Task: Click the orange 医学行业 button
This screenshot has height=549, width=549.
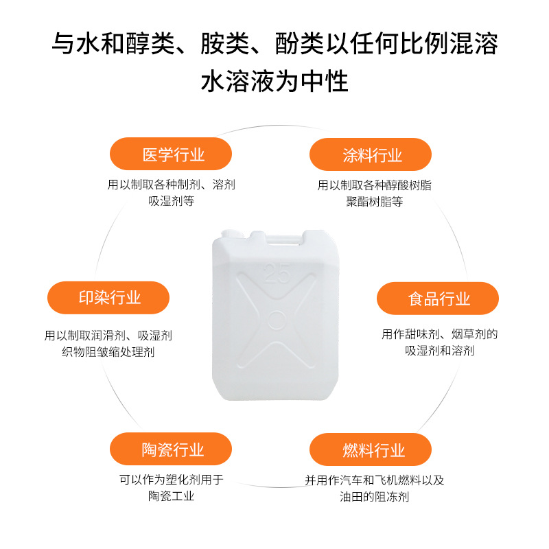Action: [x=171, y=154]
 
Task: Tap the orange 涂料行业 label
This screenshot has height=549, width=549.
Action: [x=371, y=154]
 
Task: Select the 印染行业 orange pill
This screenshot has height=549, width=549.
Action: [x=108, y=298]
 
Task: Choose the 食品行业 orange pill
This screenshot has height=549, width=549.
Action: [x=438, y=299]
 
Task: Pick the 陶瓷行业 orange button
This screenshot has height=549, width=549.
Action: [x=171, y=449]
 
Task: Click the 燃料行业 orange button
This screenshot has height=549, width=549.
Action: [x=371, y=449]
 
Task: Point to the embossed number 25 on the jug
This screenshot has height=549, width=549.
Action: [x=277, y=274]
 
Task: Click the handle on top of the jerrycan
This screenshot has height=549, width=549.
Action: [x=283, y=239]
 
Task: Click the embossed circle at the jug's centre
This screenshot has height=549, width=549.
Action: [x=277, y=320]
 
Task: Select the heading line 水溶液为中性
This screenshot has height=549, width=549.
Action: [x=274, y=82]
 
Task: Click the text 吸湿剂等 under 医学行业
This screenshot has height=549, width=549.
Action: [x=171, y=201]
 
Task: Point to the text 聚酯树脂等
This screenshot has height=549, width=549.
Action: [x=374, y=202]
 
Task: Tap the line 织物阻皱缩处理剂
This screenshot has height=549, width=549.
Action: [x=108, y=352]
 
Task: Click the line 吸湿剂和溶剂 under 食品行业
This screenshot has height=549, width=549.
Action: [x=439, y=351]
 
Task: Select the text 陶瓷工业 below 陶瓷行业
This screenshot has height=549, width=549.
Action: [x=171, y=496]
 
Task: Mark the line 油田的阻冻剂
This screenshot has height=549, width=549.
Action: [x=374, y=497]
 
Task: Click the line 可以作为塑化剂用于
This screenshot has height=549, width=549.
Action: [x=171, y=480]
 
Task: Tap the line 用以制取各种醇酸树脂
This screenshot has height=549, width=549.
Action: [x=374, y=185]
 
